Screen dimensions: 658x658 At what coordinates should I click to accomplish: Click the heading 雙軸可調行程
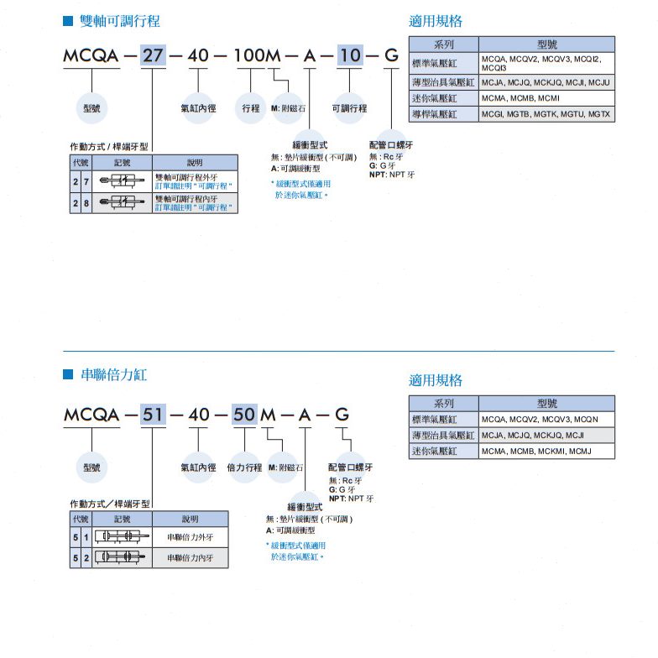click(x=119, y=21)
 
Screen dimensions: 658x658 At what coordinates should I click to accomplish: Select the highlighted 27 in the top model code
click(x=153, y=57)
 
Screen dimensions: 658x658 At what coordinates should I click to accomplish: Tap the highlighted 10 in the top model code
click(x=351, y=57)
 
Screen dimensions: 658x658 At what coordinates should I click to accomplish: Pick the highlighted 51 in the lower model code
click(x=153, y=415)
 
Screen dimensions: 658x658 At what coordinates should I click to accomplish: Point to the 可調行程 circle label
click(x=349, y=108)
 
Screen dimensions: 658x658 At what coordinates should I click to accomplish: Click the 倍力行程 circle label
click(x=244, y=467)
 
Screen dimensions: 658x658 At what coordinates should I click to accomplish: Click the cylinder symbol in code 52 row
click(x=122, y=557)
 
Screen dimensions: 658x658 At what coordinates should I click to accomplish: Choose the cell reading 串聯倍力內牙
click(x=190, y=557)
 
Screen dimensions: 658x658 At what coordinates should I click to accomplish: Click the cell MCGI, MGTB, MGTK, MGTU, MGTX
click(x=546, y=113)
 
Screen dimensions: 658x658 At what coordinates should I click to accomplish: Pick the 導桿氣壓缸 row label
click(x=443, y=113)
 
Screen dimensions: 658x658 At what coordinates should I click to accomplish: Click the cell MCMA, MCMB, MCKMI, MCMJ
click(x=546, y=452)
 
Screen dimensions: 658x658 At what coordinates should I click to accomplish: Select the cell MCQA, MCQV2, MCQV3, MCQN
click(x=546, y=419)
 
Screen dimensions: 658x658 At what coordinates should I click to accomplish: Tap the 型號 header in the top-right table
click(x=546, y=44)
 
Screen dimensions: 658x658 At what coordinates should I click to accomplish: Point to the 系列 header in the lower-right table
click(x=443, y=403)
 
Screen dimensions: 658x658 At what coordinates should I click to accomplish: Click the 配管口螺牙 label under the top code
click(x=390, y=145)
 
